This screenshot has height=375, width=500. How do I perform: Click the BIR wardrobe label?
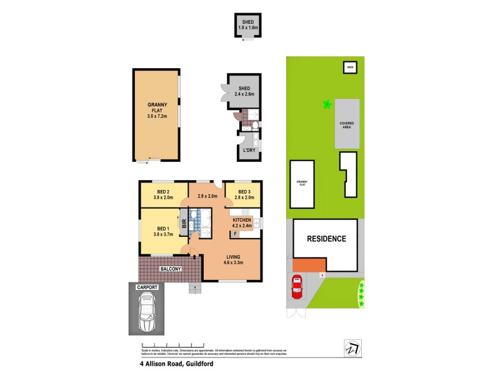184,224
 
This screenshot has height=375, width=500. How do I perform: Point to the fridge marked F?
234,234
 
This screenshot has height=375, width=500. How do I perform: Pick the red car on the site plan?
297,287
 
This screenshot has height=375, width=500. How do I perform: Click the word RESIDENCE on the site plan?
326,239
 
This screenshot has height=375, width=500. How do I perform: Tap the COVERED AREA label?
346,124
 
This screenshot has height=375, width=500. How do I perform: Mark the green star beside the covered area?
326,104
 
